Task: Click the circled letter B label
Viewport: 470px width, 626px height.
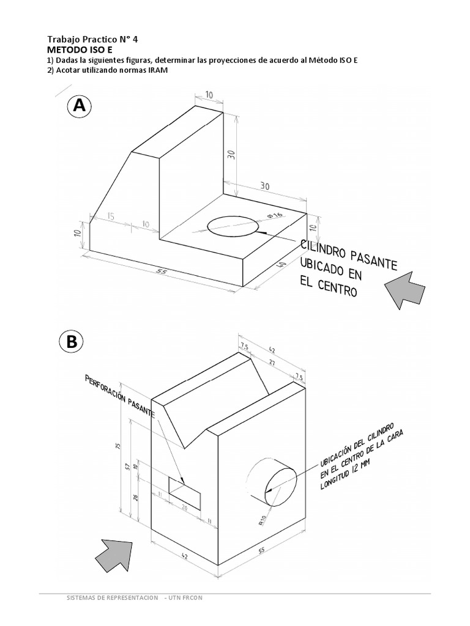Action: click(72, 343)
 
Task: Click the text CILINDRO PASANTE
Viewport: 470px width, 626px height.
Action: click(348, 255)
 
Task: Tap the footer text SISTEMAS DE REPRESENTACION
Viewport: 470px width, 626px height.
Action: click(112, 597)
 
